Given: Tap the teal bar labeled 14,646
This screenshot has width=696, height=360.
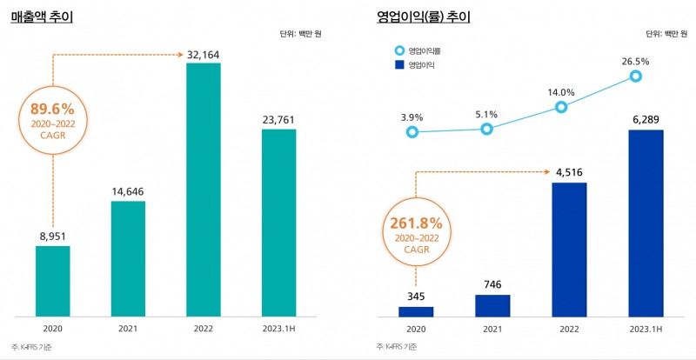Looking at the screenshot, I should [x=128, y=258].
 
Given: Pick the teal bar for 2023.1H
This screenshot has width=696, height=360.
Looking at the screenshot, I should [x=278, y=223].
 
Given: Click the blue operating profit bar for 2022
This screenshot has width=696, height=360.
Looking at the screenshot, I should [x=565, y=250].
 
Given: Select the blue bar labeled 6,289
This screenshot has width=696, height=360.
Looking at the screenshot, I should [x=639, y=223].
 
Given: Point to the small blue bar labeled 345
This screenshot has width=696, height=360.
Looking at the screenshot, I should [x=416, y=311].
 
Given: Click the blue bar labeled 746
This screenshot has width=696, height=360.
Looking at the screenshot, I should [x=492, y=305].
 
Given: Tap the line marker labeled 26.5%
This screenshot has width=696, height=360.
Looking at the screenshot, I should [x=636, y=77].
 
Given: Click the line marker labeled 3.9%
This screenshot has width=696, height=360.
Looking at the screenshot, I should [x=412, y=132].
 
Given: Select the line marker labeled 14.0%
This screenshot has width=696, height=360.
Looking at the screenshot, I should [x=561, y=107].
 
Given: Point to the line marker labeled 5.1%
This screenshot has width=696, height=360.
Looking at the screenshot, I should [x=486, y=129].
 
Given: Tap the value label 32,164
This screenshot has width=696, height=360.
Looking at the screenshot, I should [x=204, y=54].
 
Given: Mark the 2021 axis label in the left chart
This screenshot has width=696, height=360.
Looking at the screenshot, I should [x=128, y=330].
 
